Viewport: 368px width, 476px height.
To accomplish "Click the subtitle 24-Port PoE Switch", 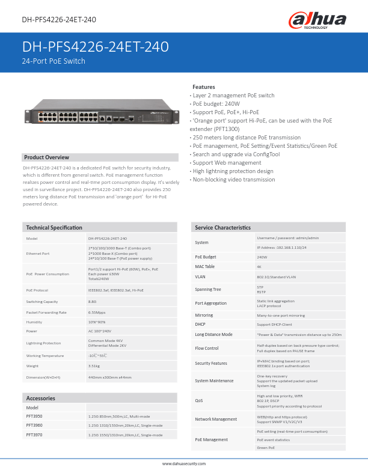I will click(54, 61).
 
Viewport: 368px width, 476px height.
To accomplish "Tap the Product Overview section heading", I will click(46, 157).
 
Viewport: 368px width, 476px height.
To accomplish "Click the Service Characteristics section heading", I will click(223, 227).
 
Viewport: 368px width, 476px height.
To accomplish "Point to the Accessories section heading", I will click(41, 398).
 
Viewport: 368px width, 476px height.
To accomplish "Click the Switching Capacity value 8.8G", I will click(93, 301).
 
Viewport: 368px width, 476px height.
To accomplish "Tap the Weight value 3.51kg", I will click(94, 365).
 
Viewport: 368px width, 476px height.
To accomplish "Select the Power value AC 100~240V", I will click(100, 331).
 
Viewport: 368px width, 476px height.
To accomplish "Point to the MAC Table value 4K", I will click(259, 266).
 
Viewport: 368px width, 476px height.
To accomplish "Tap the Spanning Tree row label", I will click(208, 289).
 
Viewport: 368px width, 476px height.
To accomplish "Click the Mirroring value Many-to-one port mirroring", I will click(281, 315).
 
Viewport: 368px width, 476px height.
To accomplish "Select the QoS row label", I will click(199, 400).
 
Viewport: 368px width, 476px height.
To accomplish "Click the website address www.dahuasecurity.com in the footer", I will click(184, 464).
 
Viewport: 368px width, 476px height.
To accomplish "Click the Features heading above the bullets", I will click(203, 87).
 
